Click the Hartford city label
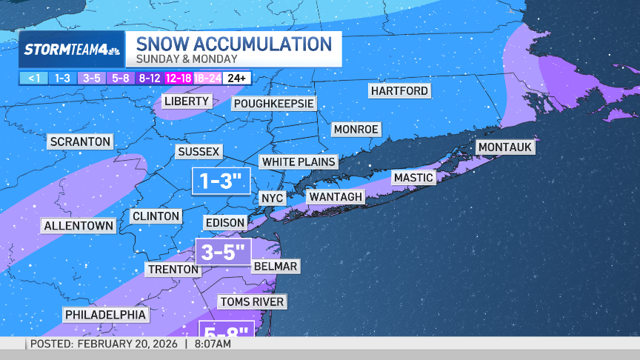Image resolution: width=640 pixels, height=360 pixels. pos(399,90)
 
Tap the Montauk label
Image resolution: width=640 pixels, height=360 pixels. pos(504,147)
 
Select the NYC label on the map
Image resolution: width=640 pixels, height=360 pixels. pos(272,198)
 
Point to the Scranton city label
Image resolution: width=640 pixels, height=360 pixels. pos(80,141)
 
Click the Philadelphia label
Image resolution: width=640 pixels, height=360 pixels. pos(105,315)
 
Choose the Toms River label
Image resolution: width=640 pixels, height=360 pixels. pos(251,301)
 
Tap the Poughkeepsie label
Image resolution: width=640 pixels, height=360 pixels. pos(274,104)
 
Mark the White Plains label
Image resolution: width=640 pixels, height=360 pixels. pos(299,161)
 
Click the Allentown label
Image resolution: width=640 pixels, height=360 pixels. pos(79,225)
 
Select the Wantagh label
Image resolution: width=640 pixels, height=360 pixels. pos(336,196)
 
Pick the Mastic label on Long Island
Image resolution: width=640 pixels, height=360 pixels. pos(413,178)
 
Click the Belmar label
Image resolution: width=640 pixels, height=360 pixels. pos(275,266)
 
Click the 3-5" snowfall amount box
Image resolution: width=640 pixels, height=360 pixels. pos(224,252)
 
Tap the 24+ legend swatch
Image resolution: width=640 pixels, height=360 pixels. pos(239,78)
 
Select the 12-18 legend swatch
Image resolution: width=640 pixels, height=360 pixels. pos(180,78)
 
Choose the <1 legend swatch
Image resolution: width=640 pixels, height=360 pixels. pos(34,78)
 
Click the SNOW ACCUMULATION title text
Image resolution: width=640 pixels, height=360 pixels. pos(233,43)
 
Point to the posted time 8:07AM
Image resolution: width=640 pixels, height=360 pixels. pos(213,344)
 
